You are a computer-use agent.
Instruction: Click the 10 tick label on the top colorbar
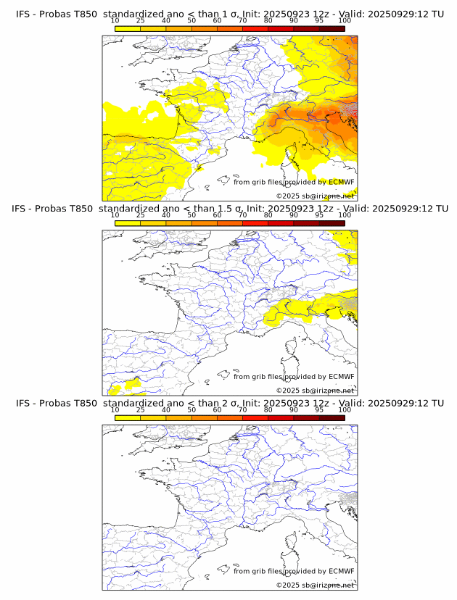point(115,21)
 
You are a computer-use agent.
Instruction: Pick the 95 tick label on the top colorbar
point(319,21)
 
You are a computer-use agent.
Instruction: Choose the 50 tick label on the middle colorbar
point(192,215)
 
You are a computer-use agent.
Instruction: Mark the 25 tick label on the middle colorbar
point(141,215)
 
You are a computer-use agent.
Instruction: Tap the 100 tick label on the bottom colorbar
point(345,409)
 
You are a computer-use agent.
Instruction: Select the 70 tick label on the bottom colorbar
point(242,409)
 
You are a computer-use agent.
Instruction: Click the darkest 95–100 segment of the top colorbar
point(332,28)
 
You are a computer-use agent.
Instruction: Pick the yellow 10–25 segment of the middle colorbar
point(128,222)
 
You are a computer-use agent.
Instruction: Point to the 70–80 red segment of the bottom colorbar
point(255,417)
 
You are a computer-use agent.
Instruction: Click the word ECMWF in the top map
point(341,183)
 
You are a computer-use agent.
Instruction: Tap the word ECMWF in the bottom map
point(341,571)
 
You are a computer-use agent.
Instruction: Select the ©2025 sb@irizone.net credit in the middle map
point(315,391)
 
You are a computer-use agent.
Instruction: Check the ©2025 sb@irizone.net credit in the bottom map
point(315,585)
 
